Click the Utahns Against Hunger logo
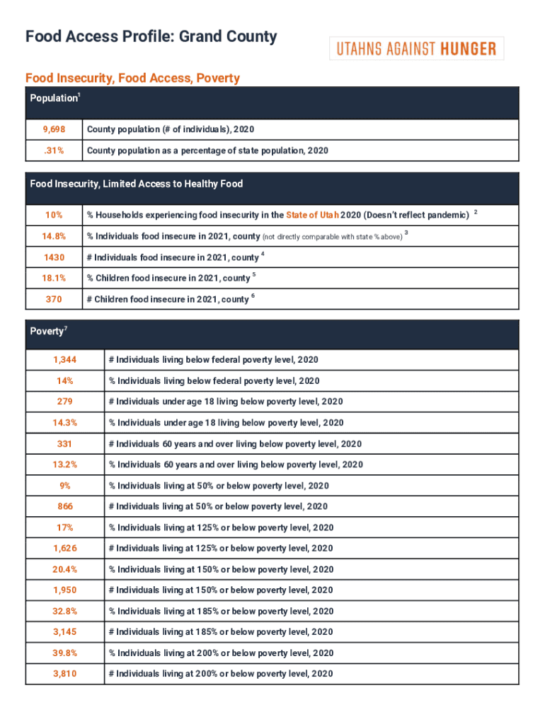click(x=416, y=49)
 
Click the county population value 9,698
click(x=54, y=130)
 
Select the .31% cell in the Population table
click(x=54, y=151)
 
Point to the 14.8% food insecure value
click(x=54, y=236)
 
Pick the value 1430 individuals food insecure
click(x=54, y=257)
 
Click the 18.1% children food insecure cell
click(x=54, y=278)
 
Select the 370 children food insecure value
click(x=54, y=299)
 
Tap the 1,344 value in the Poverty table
click(x=64, y=360)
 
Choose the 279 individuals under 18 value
click(x=64, y=402)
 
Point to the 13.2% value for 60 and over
click(x=64, y=465)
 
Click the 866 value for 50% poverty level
click(x=64, y=506)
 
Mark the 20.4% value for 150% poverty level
click(x=64, y=569)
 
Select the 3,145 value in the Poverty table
click(x=64, y=632)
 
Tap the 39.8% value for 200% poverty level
click(x=64, y=653)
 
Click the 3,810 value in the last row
click(x=64, y=674)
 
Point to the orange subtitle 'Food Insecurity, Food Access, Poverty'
click(x=132, y=78)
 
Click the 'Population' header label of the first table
click(x=53, y=99)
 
